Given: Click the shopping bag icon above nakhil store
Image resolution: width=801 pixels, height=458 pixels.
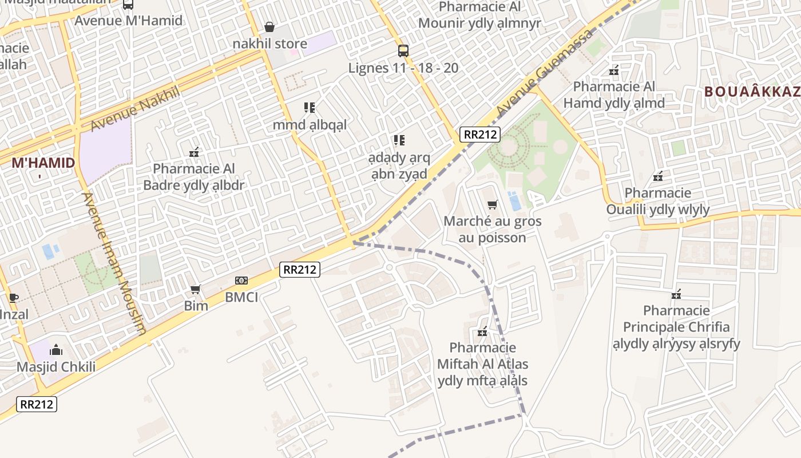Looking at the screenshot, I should point(269,27).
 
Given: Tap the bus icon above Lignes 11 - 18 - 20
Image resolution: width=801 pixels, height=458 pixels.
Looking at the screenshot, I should point(403,51).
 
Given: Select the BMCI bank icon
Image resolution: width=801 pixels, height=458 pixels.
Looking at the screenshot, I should point(241,281).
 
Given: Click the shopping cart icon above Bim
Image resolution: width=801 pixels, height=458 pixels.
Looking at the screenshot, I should point(196,290).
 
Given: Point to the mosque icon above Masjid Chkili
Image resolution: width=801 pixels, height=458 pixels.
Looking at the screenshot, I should point(56,350).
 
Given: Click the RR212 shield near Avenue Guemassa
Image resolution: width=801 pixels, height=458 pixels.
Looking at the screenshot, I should point(480,135).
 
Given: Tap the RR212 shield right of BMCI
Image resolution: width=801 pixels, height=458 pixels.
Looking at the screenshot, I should point(300,269).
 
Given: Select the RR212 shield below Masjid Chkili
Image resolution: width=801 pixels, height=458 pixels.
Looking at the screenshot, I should point(37,404).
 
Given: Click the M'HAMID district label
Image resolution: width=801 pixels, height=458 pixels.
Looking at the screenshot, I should point(43,163).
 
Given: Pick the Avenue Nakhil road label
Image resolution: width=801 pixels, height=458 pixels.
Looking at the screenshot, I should point(136,108).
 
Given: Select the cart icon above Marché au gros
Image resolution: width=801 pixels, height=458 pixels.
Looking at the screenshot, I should point(492,204).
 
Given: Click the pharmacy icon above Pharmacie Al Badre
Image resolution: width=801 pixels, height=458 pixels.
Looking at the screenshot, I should point(194,152).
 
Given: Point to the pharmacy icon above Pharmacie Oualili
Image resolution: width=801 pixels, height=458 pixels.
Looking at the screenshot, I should point(658,176).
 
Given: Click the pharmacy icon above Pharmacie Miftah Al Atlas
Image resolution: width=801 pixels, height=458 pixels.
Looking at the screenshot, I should point(482,331).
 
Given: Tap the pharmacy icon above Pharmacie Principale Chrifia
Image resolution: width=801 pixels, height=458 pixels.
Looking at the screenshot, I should point(676,294).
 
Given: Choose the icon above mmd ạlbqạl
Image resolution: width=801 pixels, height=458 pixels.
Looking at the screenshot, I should point(310,108).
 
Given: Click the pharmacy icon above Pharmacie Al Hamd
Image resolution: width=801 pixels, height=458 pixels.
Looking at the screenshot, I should point(614,71).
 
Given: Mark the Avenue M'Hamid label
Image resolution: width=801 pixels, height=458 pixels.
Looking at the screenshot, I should point(129,21).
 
